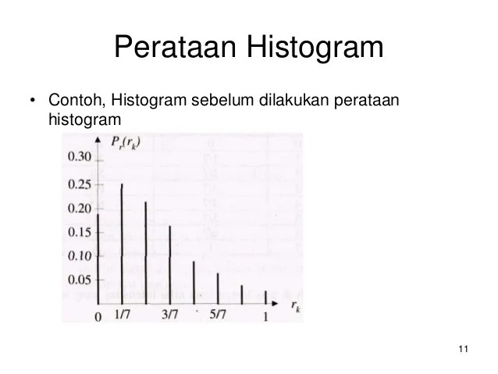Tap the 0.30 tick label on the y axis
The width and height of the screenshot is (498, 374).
(79, 158)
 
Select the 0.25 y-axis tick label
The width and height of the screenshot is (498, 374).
(79, 184)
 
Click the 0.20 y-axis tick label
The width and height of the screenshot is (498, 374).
(79, 208)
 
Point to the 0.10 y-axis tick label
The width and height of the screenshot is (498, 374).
(79, 256)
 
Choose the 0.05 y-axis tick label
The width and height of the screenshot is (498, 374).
(79, 280)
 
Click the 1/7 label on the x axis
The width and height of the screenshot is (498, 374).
(123, 315)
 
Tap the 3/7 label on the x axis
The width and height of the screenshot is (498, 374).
(170, 315)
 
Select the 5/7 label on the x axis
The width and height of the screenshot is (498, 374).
(219, 315)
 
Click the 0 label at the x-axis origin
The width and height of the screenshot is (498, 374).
(98, 316)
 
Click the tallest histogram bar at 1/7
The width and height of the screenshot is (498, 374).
(122, 242)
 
